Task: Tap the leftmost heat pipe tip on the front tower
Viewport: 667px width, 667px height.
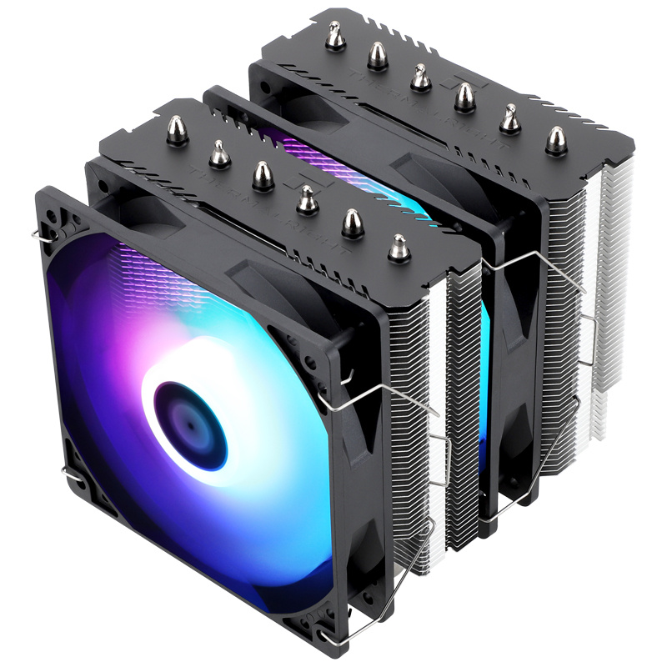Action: click(x=177, y=128)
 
